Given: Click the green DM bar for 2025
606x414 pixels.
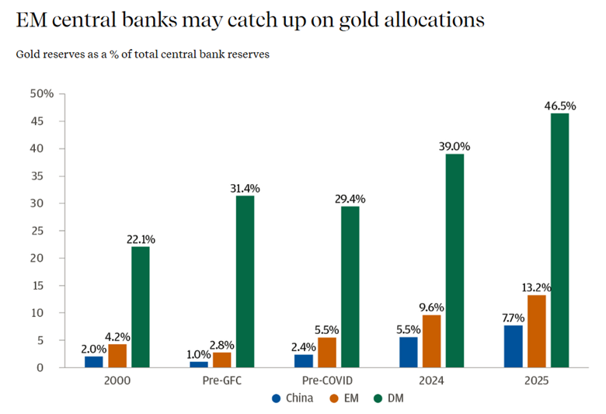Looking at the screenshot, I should [559, 240].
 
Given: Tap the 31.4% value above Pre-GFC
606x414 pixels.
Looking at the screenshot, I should [245, 188].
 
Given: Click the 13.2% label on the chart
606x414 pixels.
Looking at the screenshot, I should [536, 287].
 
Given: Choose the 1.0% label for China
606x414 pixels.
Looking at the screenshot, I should [198, 354].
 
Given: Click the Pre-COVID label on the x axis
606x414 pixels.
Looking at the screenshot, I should [326, 381].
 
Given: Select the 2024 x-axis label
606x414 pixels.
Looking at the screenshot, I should [431, 381].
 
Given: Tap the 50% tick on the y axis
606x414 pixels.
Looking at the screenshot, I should [42, 94].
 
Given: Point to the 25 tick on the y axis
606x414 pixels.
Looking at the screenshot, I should [47, 231].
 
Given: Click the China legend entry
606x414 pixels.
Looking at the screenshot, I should [292, 398].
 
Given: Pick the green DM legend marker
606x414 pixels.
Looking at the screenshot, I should [378, 398].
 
